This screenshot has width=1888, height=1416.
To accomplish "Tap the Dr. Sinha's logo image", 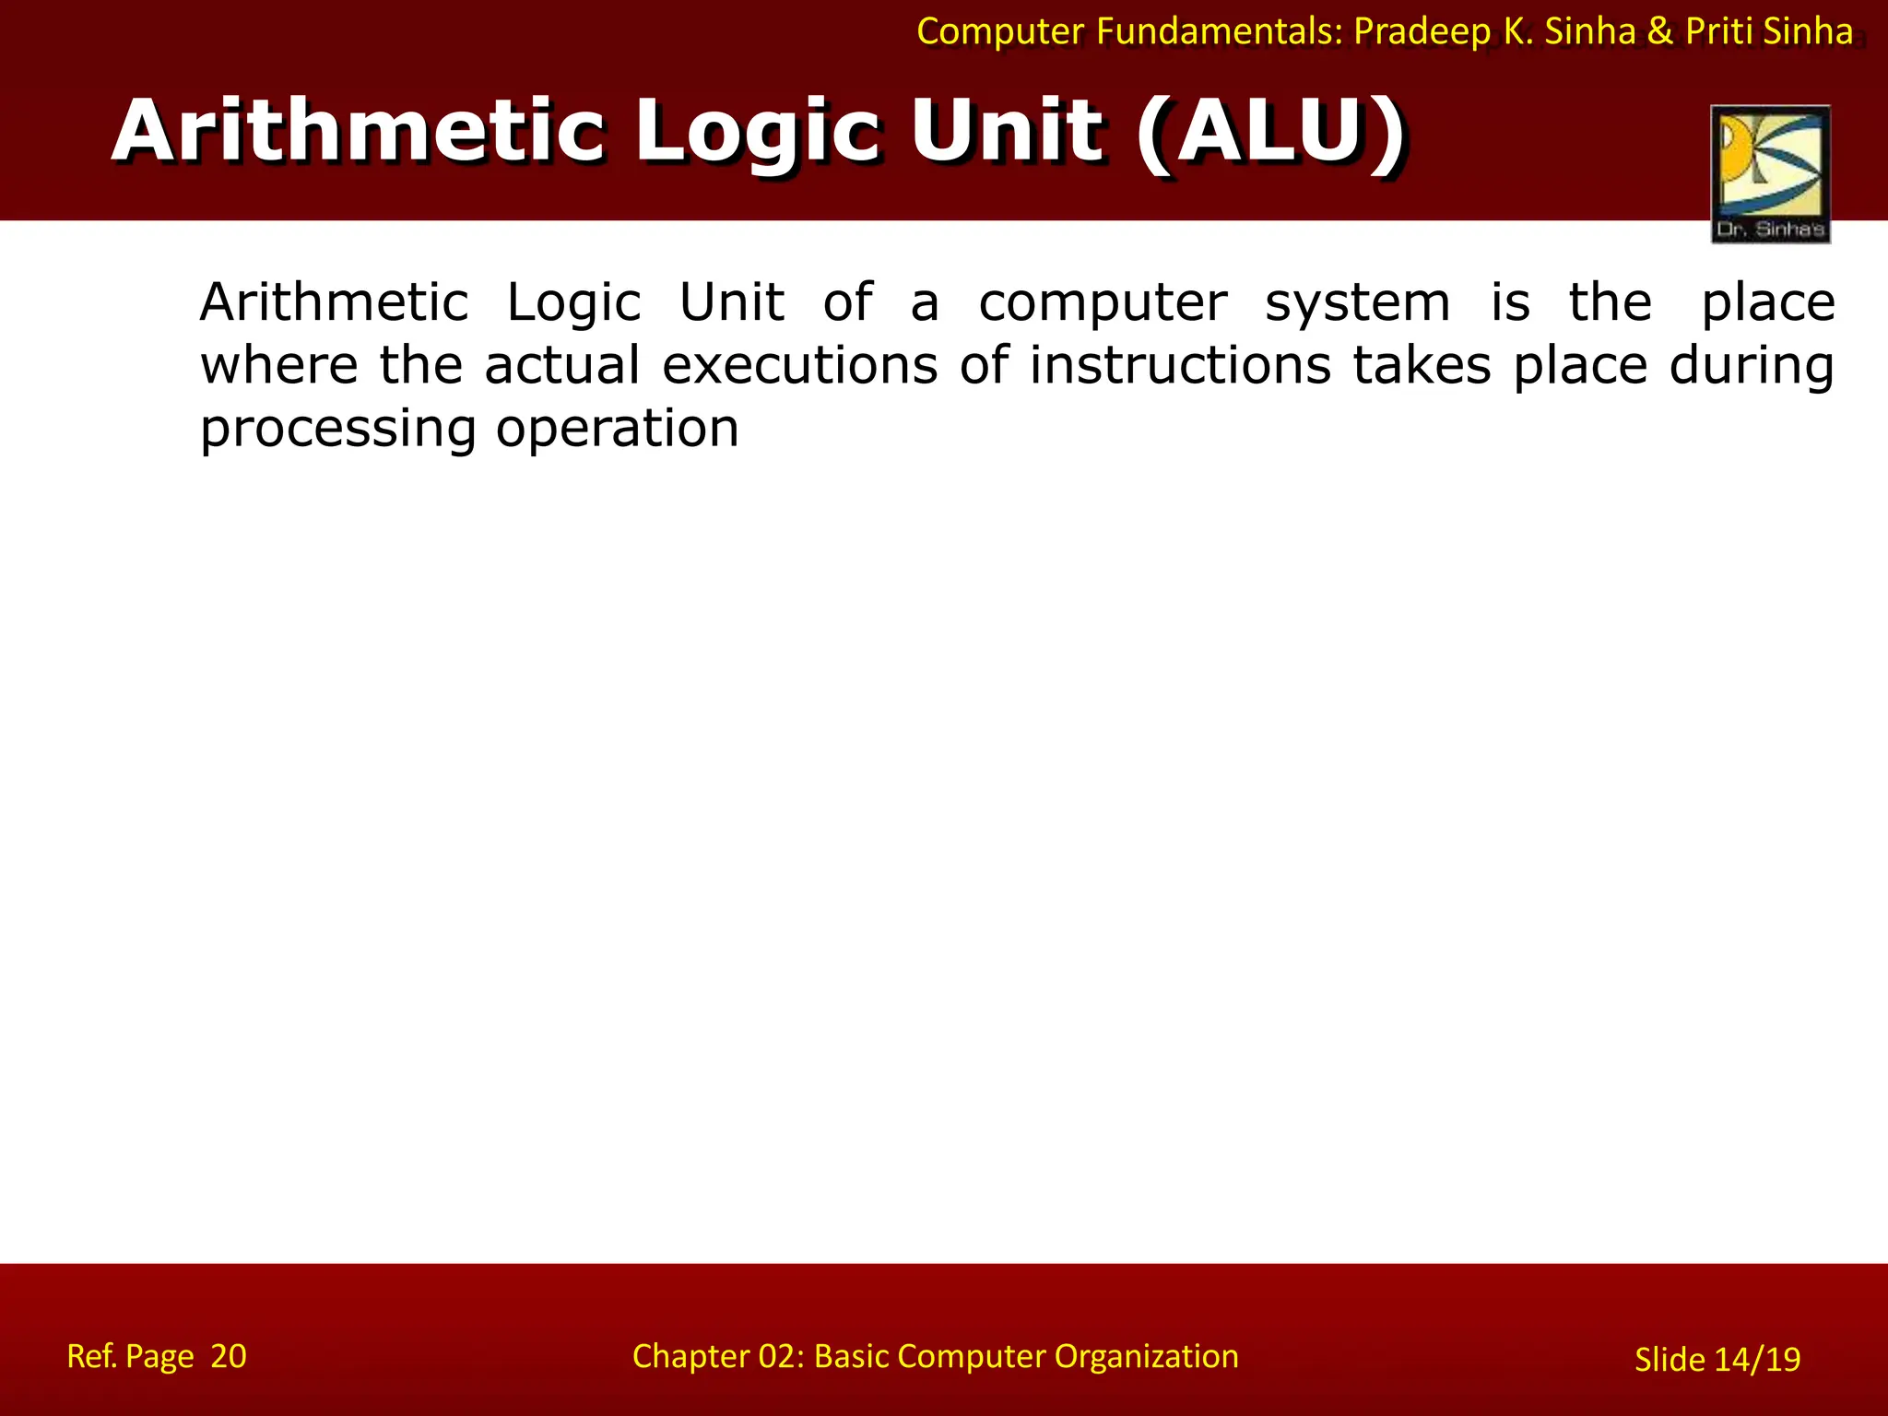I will [1770, 174].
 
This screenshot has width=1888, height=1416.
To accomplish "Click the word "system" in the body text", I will [1357, 303].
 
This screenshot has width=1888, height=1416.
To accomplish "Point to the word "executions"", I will [800, 365].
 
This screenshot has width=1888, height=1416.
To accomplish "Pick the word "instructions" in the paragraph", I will [1180, 365].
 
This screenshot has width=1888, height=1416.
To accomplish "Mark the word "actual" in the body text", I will [561, 365].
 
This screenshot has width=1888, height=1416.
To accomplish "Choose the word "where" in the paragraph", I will [279, 365].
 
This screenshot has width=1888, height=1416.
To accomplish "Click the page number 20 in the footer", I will [229, 1356].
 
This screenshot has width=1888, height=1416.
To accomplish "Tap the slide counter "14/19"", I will [1757, 1360].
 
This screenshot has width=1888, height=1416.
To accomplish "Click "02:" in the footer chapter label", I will [781, 1356].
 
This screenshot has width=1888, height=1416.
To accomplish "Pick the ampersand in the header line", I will [1659, 32].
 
